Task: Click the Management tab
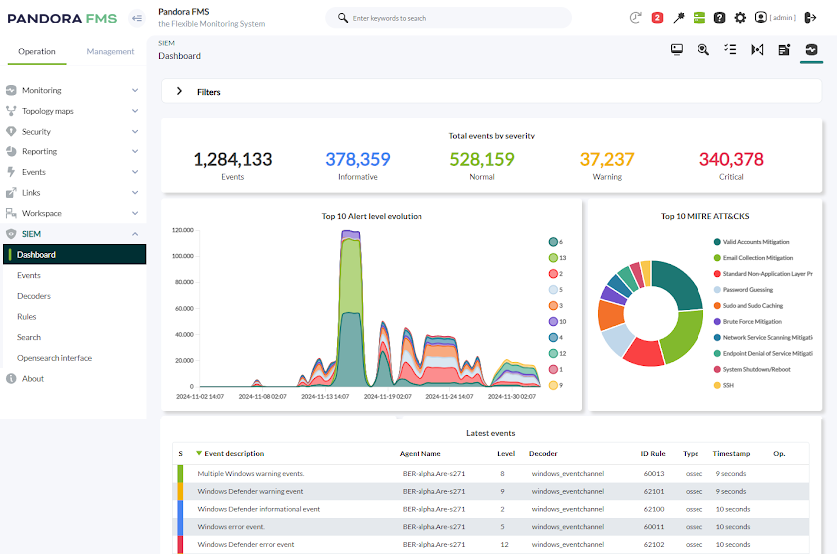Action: click(110, 51)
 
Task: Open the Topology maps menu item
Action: click(47, 111)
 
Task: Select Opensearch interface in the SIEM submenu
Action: click(54, 358)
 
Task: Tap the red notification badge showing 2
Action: click(657, 18)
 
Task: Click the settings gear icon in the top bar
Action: click(740, 18)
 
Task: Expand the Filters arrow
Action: click(179, 91)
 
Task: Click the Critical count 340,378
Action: click(731, 159)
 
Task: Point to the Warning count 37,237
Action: click(607, 159)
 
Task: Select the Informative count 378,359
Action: click(357, 159)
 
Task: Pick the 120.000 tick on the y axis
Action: click(182, 230)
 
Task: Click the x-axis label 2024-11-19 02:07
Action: click(388, 396)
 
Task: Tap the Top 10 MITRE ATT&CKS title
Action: click(703, 216)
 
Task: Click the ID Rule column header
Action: click(652, 454)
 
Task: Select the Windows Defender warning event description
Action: click(250, 491)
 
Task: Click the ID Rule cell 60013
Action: click(653, 473)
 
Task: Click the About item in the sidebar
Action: click(33, 379)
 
